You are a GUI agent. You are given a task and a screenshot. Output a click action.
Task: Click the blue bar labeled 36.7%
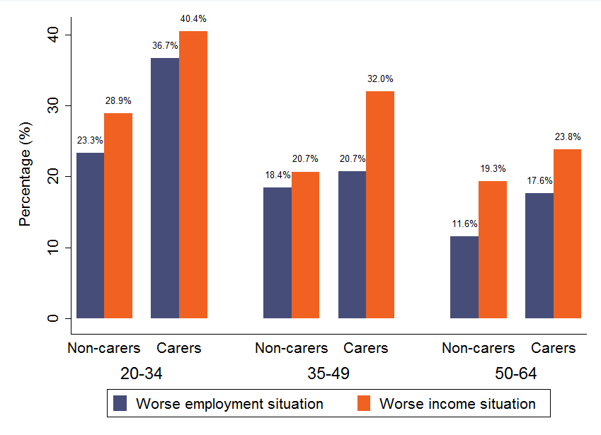165,188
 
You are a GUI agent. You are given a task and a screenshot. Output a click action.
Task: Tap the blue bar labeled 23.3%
90,236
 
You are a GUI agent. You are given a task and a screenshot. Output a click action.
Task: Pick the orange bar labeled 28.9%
118,216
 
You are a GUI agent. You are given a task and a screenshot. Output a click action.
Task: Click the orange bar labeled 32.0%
380,205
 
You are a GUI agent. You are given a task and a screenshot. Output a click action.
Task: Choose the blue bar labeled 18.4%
277,253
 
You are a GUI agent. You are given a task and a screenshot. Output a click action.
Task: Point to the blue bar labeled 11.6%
464,277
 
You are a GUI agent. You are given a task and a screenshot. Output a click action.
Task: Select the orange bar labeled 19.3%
493,250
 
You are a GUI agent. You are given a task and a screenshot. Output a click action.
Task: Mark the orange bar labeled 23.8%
567,233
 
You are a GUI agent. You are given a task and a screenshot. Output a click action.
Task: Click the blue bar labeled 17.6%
539,255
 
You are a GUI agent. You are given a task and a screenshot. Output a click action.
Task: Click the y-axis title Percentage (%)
25,177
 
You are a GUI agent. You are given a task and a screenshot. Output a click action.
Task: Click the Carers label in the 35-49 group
366,348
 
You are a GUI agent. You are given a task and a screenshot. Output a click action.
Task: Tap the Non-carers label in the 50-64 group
478,348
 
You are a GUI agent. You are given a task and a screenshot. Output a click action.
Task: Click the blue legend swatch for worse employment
120,404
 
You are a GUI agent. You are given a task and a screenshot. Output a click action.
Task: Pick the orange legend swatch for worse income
364,404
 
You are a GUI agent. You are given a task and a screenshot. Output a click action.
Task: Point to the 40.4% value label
193,18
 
